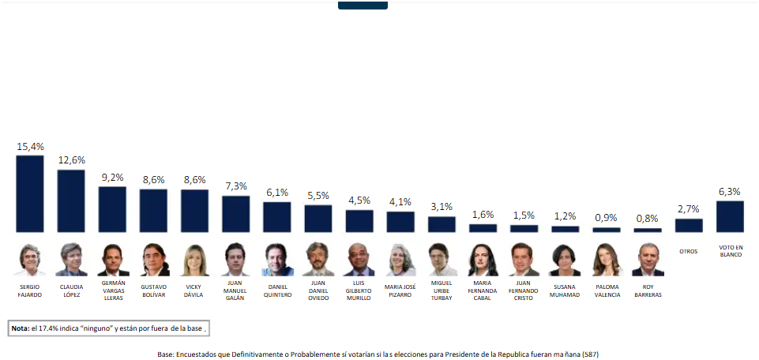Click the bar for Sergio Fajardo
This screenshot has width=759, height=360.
coord(30,193)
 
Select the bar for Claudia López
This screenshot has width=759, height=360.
coord(71,201)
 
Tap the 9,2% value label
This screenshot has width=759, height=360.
coord(113,178)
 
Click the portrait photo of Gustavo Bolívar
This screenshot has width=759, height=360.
coord(154,259)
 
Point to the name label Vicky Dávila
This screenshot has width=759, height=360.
coord(194,290)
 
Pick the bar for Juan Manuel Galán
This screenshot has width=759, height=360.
coord(235,214)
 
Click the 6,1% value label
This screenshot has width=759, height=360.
coord(277,193)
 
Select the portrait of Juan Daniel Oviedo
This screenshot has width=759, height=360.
coord(318,259)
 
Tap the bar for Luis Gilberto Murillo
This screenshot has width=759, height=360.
coord(359,221)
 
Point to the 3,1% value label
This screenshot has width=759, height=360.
coord(441,207)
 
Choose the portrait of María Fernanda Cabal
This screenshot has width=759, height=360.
coord(483,259)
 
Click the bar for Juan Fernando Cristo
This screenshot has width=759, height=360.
coord(524,228)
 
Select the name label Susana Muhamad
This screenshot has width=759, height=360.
coord(565,290)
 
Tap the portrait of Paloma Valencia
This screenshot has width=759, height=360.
coord(607,259)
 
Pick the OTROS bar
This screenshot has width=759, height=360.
coord(689,225)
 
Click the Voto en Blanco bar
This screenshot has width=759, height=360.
coord(730,216)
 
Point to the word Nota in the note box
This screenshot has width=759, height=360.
coord(20,328)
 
